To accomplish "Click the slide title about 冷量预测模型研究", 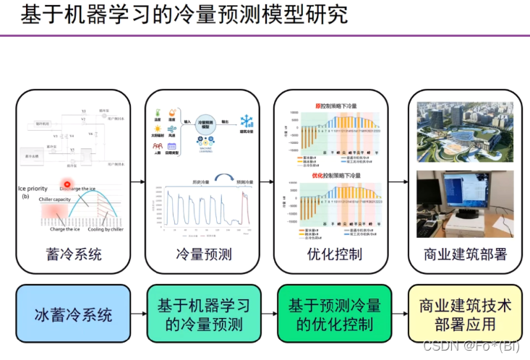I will [x=184, y=15].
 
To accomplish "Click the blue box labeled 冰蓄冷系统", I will [x=73, y=314].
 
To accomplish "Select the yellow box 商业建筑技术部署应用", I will [x=464, y=314].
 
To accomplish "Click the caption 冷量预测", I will [x=203, y=254].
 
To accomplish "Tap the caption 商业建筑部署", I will [x=465, y=254].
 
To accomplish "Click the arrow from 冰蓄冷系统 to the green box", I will [x=139, y=314].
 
